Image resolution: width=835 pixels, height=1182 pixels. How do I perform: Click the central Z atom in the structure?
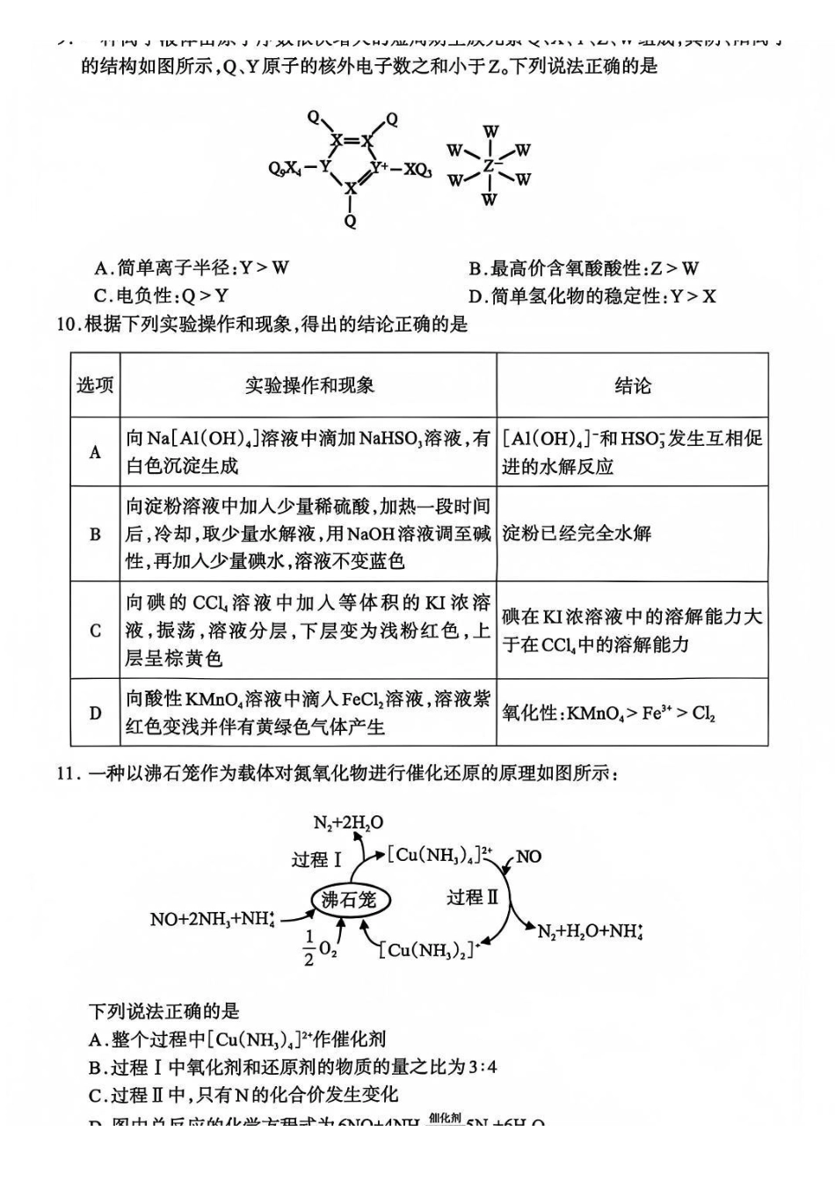tap(490, 166)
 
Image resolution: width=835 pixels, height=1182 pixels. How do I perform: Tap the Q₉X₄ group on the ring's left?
tap(287, 168)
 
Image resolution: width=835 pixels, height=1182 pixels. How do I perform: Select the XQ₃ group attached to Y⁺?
tap(417, 169)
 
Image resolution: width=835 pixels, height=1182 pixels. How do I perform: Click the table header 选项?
tap(95, 385)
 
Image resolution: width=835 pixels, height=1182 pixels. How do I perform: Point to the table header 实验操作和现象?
tap(309, 385)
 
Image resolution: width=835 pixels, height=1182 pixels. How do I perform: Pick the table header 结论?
tap(632, 385)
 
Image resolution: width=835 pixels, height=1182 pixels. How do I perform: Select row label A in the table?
tap(95, 452)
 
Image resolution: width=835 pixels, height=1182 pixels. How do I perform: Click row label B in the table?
tap(95, 534)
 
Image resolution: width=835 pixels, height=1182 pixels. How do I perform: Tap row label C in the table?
tap(95, 631)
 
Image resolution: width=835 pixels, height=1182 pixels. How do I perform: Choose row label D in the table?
tap(95, 712)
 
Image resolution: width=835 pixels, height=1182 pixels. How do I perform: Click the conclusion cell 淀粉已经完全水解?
tap(577, 533)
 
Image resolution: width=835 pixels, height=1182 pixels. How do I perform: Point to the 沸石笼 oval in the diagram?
tap(349, 899)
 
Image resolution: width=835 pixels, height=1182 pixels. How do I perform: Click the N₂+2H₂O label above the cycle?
tap(348, 823)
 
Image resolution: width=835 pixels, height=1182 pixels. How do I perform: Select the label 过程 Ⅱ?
tap(472, 897)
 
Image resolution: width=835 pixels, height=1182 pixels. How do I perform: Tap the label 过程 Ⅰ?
tap(316, 859)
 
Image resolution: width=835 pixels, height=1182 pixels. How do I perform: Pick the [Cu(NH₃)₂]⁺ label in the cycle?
tap(428, 950)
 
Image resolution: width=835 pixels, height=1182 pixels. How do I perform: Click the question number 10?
tap(68, 325)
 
